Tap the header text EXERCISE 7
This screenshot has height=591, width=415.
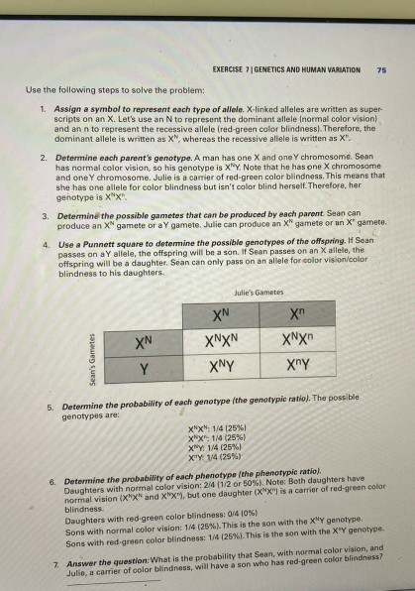tap(256, 70)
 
